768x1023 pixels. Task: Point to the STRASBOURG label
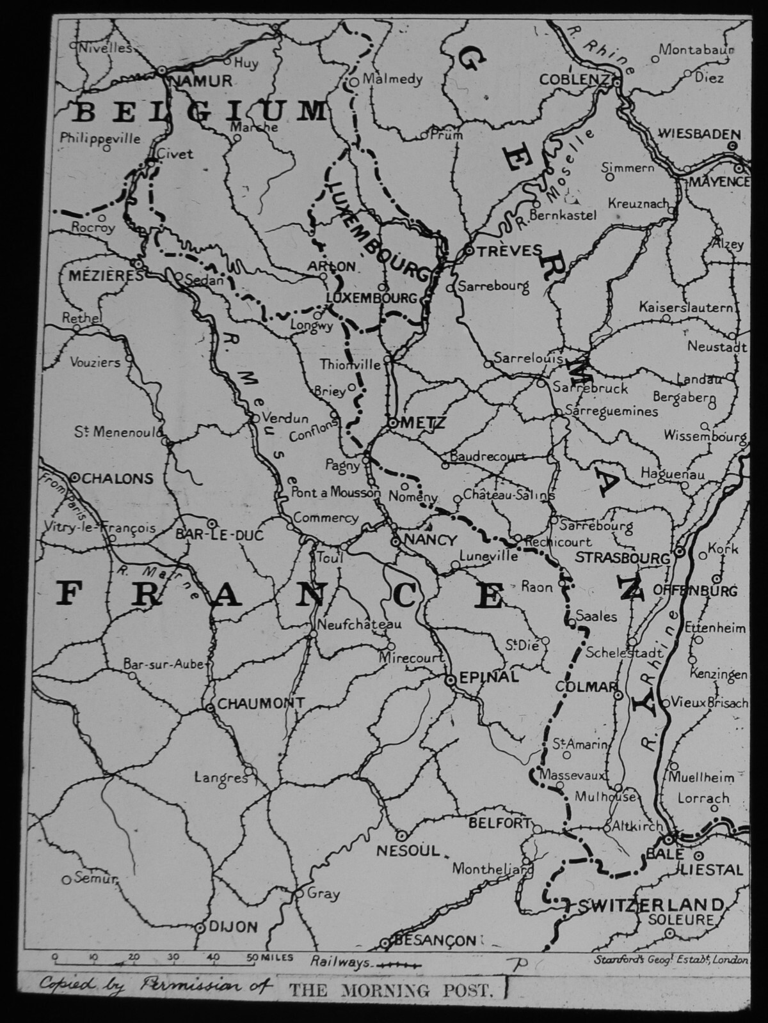pyautogui.click(x=623, y=557)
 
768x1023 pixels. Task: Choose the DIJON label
pyautogui.click(x=234, y=926)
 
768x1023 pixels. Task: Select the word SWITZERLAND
pyautogui.click(x=652, y=905)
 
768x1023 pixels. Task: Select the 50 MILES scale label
pyautogui.click(x=270, y=957)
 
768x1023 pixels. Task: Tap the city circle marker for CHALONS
pyautogui.click(x=74, y=477)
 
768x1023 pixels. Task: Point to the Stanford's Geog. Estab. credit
pyautogui.click(x=670, y=959)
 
